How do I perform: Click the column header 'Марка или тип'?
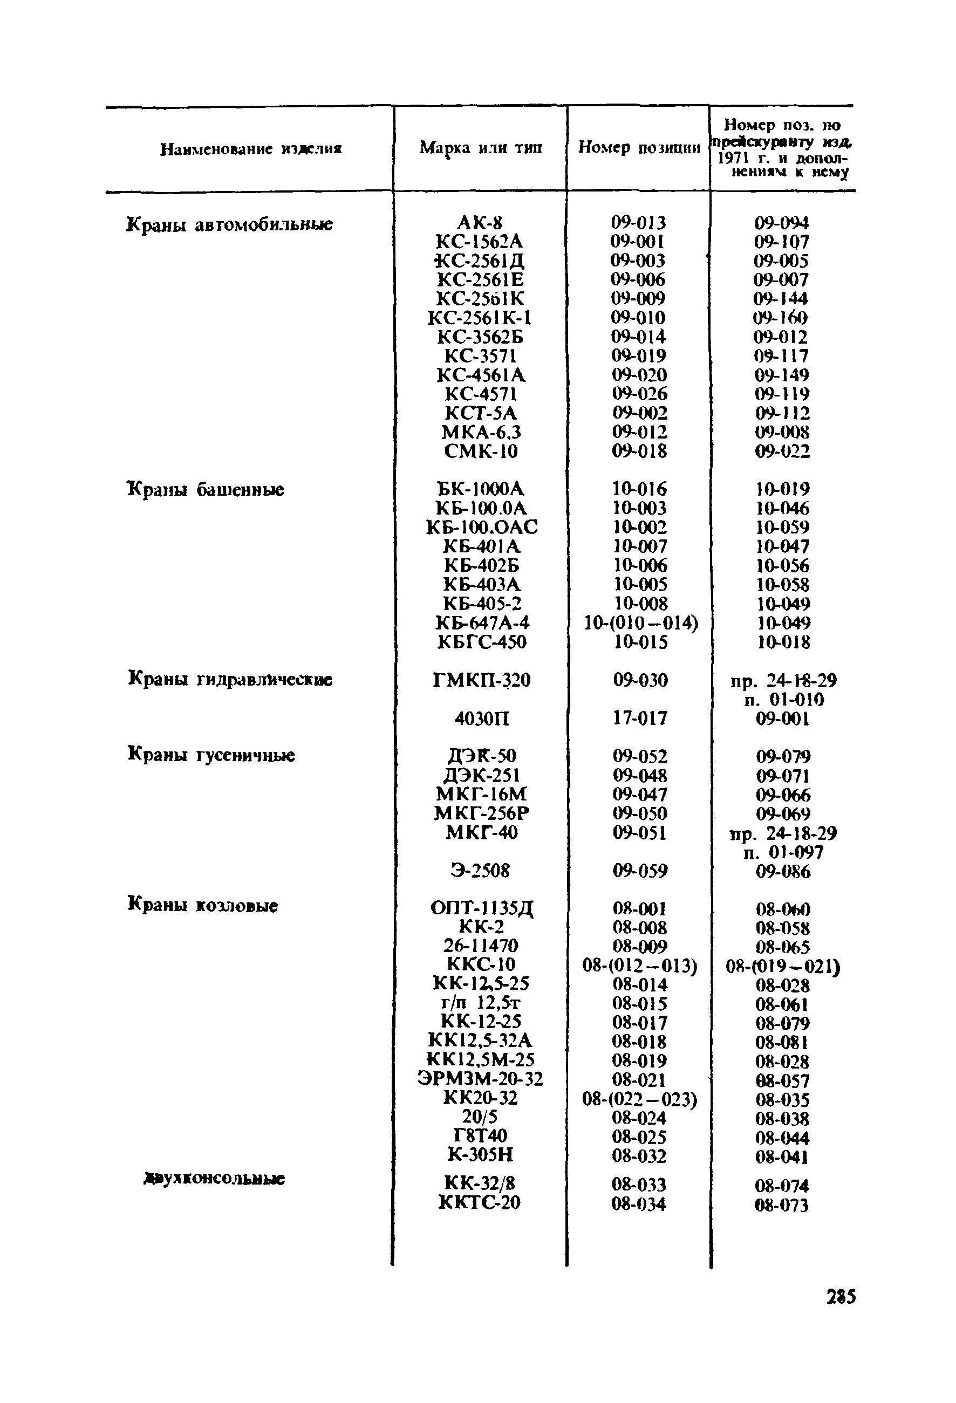(481, 148)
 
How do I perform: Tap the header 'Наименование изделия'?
(251, 149)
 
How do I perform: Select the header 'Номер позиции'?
(639, 148)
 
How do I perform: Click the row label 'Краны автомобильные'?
(229, 224)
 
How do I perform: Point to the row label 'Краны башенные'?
(206, 489)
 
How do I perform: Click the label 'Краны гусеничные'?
(211, 755)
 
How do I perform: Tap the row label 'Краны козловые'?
(203, 906)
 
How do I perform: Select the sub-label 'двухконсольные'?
(214, 1179)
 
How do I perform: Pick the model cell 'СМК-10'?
(481, 451)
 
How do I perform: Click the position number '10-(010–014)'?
(641, 622)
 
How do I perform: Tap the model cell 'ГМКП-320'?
(481, 680)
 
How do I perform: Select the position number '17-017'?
(640, 718)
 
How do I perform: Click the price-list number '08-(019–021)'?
(783, 967)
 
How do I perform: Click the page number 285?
(840, 1296)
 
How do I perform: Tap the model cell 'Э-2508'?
(480, 871)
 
